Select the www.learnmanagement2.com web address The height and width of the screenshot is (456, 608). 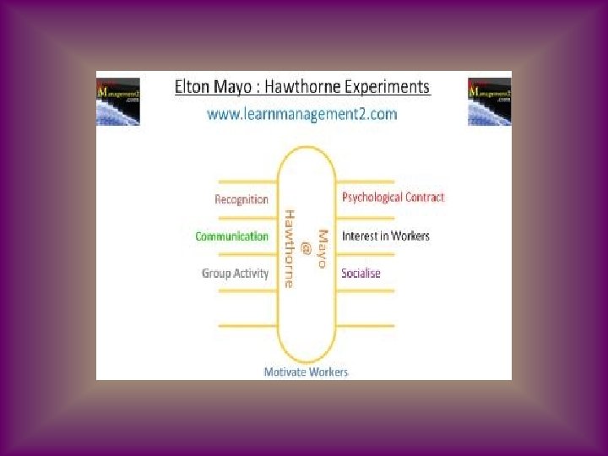(302, 114)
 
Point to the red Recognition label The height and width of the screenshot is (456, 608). (242, 199)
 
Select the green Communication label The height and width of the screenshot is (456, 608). (231, 236)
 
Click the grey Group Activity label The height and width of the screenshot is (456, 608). (235, 273)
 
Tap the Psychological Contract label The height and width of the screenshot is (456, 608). (393, 198)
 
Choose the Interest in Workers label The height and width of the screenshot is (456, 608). (385, 236)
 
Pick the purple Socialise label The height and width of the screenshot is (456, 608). (361, 273)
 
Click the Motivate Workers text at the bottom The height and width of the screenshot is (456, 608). (306, 372)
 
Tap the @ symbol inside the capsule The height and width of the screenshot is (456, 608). (306, 248)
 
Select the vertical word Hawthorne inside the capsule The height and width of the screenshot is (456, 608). (290, 248)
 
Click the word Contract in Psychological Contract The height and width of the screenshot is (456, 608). (422, 198)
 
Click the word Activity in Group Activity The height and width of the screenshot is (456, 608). (252, 273)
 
